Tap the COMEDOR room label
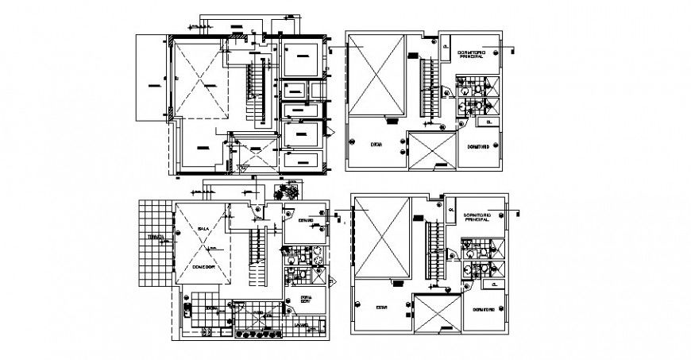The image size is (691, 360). (x=204, y=267)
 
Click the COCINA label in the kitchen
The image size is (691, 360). (x=212, y=308)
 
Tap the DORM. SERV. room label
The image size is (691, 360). (x=307, y=300)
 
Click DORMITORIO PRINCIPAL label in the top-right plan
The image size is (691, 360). (x=473, y=54)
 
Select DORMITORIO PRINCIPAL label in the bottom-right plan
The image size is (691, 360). (x=479, y=216)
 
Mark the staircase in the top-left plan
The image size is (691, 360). (x=255, y=91)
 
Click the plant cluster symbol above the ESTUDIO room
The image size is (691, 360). (x=284, y=193)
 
